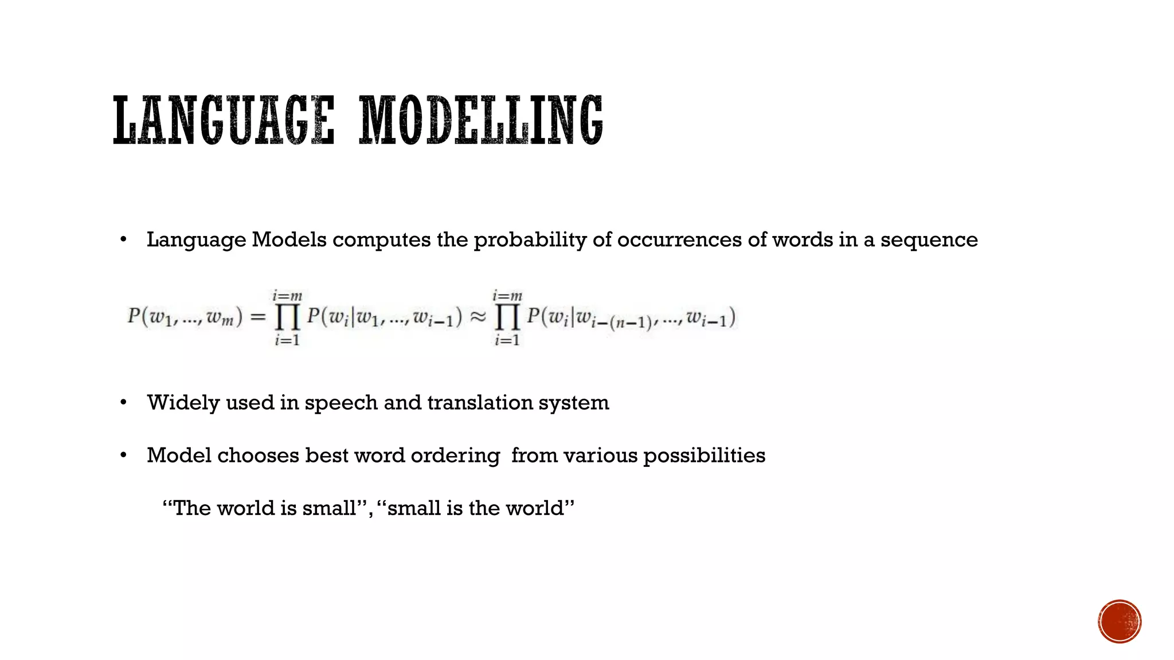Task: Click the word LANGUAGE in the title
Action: [224, 120]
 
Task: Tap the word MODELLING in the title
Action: [480, 120]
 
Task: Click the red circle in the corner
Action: [1120, 622]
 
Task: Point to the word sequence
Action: [929, 240]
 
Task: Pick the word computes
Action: [381, 240]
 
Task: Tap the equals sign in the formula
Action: [259, 317]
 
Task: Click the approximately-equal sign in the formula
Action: [478, 317]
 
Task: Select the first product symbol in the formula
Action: [287, 317]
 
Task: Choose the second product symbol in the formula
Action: [507, 317]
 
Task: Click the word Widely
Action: [183, 403]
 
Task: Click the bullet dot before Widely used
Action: [123, 403]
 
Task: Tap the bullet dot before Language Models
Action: [123, 240]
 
